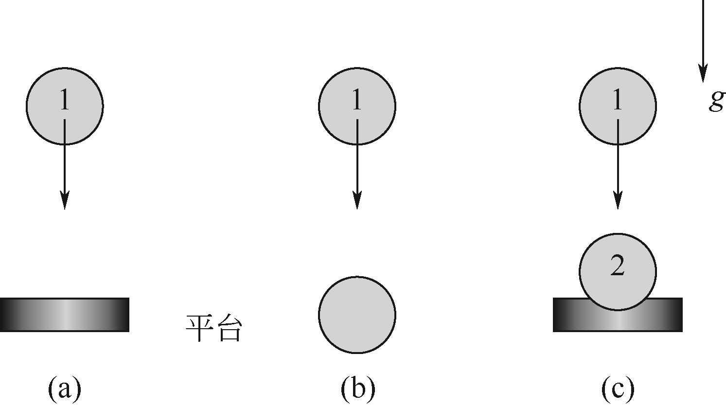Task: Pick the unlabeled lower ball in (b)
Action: (x=357, y=315)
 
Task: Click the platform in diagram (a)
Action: (x=64, y=315)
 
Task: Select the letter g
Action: (x=716, y=101)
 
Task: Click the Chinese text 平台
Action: (x=213, y=329)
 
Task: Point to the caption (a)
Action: (x=65, y=389)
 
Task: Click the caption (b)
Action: (x=357, y=389)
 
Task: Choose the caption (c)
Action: (x=618, y=389)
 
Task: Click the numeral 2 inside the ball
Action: (x=617, y=266)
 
